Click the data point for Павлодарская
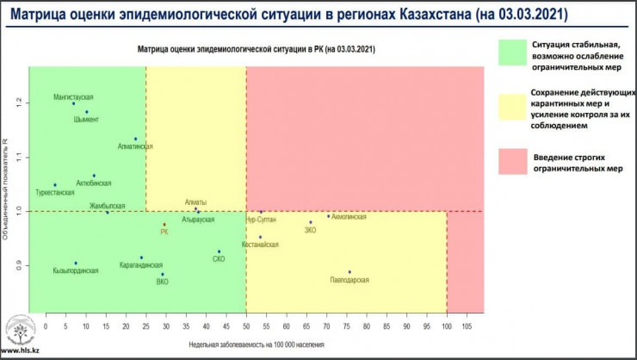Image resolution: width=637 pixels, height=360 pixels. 349,272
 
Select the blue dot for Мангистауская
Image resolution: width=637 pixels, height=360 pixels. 85,104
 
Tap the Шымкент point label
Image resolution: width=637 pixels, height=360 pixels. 86,120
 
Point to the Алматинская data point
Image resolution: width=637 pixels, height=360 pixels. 135,139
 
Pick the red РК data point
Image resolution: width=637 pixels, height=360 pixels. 164,225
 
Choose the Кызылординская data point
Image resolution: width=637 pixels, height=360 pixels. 76,263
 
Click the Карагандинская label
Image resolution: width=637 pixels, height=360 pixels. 141,266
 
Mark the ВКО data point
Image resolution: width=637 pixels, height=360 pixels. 163,274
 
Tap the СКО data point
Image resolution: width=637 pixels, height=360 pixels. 220,251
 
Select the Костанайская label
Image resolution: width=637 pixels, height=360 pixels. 261,245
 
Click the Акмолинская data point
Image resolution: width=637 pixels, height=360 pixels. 328,216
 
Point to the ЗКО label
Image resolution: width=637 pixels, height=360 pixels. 311,231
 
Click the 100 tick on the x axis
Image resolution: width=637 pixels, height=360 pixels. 447,326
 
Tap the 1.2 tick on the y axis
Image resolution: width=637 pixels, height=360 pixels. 20,102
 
